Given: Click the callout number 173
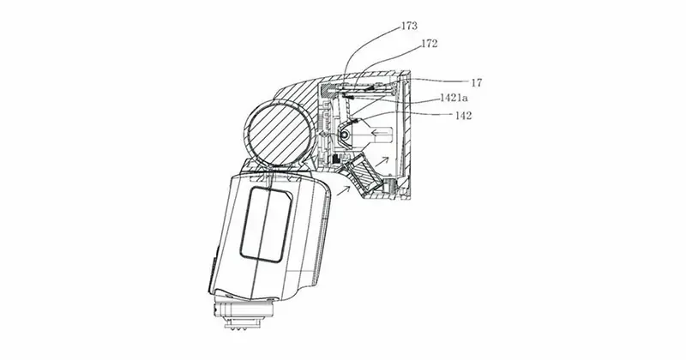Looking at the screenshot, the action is coord(410,27).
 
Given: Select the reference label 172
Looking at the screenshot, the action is coord(430,44).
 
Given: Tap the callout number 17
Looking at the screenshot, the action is coord(477,82).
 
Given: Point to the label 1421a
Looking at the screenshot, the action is coord(454,98).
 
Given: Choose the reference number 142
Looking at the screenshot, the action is coord(464,116).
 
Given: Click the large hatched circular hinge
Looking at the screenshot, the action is coord(279,134).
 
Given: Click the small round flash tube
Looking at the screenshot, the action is coord(346,135).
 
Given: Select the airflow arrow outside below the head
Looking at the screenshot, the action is coord(343,189).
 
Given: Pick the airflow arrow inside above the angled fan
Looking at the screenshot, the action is coord(381,161).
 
